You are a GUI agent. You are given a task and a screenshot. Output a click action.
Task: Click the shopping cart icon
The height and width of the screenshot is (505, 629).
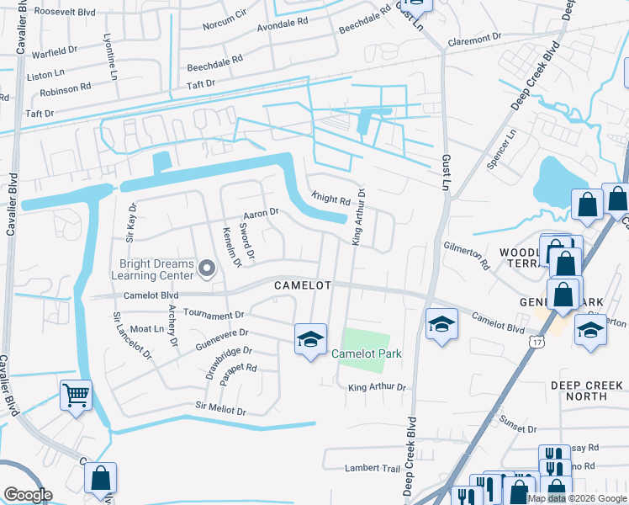[76, 394]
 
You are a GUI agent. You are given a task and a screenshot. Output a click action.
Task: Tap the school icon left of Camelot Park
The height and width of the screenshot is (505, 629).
[310, 339]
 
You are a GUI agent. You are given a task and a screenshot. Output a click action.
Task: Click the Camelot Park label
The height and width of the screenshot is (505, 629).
[366, 354]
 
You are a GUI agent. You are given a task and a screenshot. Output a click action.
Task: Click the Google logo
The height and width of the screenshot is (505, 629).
[28, 495]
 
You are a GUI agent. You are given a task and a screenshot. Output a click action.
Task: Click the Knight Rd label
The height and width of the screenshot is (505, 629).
[330, 200]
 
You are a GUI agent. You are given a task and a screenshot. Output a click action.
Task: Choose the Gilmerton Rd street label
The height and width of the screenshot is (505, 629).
[466, 252]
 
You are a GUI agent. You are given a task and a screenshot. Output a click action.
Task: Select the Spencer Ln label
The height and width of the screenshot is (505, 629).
[501, 149]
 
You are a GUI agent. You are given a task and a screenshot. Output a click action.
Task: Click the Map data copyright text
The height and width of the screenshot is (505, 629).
[576, 498]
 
